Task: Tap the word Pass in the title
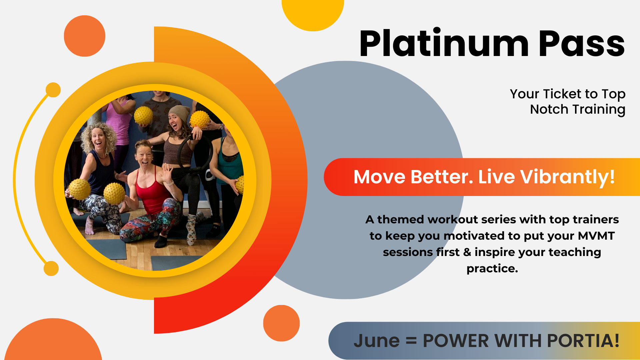pos(582,44)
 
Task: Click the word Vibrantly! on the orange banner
pos(567,177)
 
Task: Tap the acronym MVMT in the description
pos(596,236)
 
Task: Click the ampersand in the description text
pos(467,252)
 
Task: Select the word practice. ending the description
pos(492,269)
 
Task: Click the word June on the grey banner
pos(377,341)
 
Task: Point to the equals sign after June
pos(411,341)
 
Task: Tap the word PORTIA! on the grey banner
pos(583,341)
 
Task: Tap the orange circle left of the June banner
pos(281,323)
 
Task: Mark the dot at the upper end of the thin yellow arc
pos(53,90)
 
